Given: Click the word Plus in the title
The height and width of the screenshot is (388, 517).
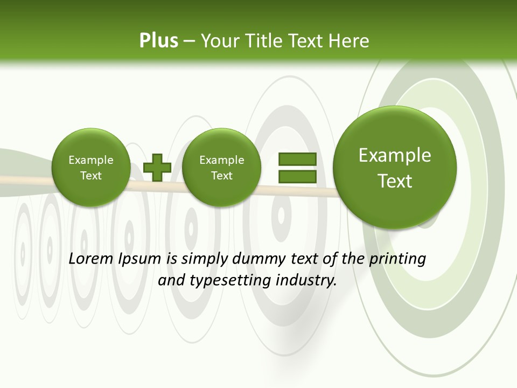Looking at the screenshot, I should pyautogui.click(x=158, y=40).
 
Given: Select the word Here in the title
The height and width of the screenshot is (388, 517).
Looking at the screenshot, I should pyautogui.click(x=350, y=40).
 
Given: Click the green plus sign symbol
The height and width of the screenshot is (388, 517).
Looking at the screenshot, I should pyautogui.click(x=157, y=167).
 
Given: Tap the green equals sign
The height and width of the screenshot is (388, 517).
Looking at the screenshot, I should pyautogui.click(x=297, y=168).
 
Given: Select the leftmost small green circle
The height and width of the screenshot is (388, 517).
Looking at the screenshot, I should pyautogui.click(x=90, y=168).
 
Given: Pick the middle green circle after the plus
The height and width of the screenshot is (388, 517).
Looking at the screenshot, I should pyautogui.click(x=221, y=168).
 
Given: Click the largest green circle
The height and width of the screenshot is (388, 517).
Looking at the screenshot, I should pyautogui.click(x=395, y=168).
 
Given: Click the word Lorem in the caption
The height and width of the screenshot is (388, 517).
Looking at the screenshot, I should pyautogui.click(x=92, y=259).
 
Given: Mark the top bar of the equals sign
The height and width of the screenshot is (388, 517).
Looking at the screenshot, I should pyautogui.click(x=297, y=159).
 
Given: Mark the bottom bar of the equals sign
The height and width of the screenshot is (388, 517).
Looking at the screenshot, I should pyautogui.click(x=297, y=176).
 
